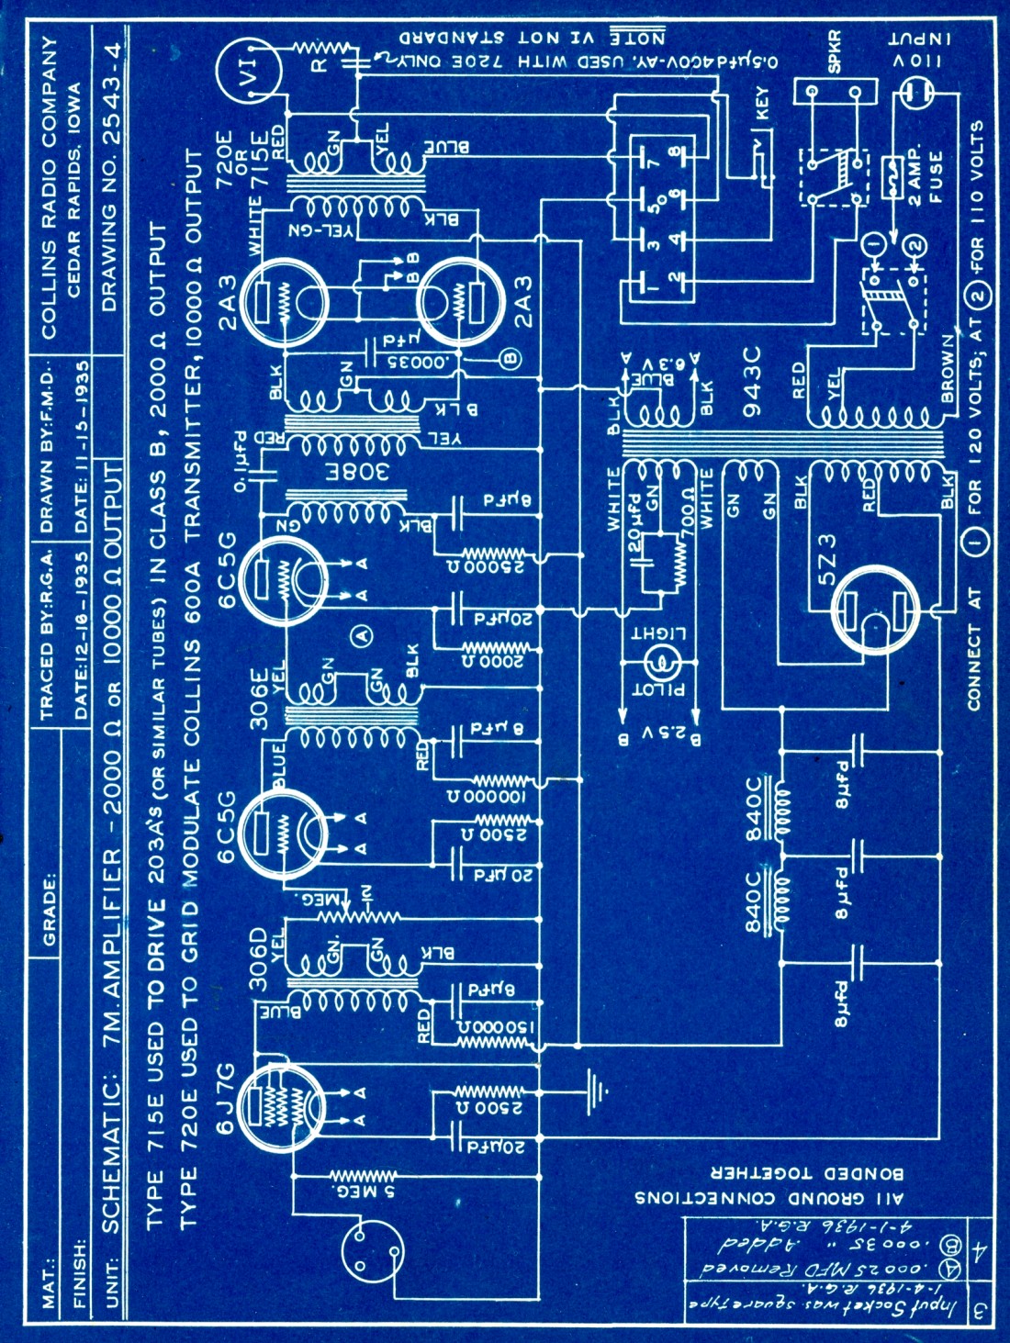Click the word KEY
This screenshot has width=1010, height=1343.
tap(761, 103)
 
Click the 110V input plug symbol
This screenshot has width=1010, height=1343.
tap(918, 91)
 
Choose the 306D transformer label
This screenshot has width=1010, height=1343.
tap(260, 960)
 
